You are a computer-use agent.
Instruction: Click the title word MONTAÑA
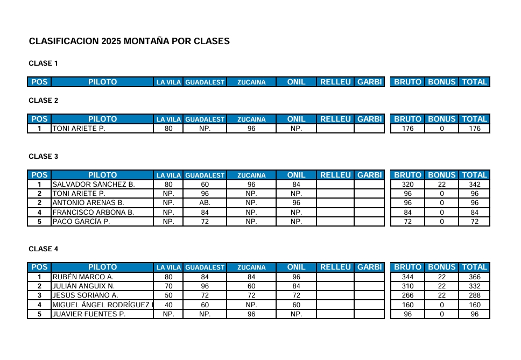(x=146, y=41)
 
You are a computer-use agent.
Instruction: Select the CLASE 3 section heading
(x=44, y=157)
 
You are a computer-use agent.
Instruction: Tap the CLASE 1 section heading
(x=44, y=63)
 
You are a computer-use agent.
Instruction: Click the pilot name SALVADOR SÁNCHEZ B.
(x=93, y=185)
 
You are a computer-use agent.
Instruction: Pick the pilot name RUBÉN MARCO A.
(x=82, y=277)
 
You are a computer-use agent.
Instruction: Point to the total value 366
(x=474, y=277)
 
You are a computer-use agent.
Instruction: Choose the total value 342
(x=474, y=185)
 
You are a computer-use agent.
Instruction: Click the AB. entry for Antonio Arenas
(x=205, y=203)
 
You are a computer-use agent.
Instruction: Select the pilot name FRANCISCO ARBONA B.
(x=93, y=213)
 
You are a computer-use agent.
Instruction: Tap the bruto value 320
(x=407, y=185)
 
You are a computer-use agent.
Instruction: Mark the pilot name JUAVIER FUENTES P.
(x=89, y=314)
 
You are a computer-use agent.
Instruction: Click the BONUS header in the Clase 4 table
(x=441, y=267)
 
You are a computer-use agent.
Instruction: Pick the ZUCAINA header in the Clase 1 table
(x=251, y=82)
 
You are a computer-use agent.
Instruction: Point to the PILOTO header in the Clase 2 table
(x=102, y=119)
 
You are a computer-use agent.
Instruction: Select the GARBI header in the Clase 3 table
(x=369, y=175)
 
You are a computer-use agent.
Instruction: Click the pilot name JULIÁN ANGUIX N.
(x=83, y=286)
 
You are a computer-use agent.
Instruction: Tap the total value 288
(x=474, y=295)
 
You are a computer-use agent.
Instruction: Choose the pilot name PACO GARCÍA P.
(x=81, y=222)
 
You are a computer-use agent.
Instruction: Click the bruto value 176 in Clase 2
(x=407, y=129)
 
